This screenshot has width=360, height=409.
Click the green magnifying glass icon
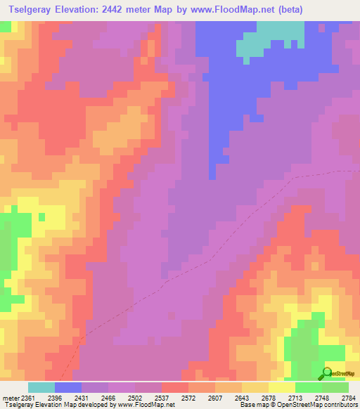tap(327, 373)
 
